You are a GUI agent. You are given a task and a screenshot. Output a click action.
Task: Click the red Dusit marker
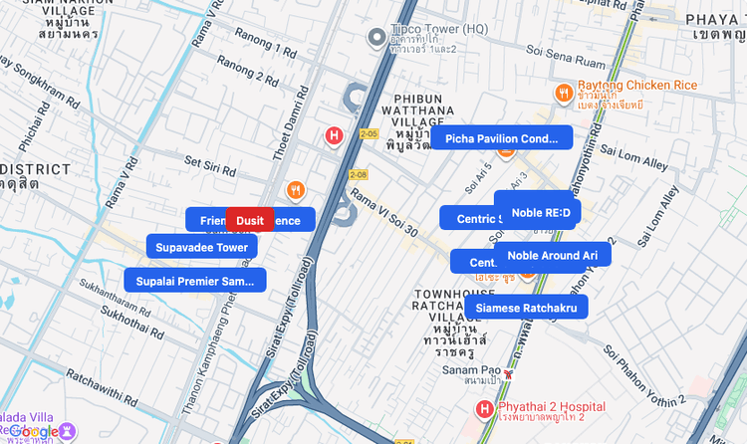(250, 220)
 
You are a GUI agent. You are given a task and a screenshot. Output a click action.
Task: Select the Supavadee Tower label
(202, 246)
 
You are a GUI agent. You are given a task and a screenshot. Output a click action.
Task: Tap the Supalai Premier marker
(195, 281)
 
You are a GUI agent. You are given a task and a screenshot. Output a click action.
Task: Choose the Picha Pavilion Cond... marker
(502, 137)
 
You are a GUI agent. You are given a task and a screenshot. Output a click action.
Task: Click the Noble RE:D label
(538, 212)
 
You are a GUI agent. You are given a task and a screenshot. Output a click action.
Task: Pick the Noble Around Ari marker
(552, 255)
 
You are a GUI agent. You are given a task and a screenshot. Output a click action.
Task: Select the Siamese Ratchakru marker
(526, 308)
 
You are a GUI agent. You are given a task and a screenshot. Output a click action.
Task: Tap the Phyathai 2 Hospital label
(554, 406)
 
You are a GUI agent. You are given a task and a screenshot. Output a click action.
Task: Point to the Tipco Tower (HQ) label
(433, 31)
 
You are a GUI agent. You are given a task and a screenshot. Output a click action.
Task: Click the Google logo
(33, 431)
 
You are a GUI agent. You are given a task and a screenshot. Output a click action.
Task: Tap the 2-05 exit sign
(370, 133)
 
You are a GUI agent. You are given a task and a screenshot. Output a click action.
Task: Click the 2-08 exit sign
(359, 175)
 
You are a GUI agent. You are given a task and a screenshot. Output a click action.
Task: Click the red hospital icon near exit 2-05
(335, 135)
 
